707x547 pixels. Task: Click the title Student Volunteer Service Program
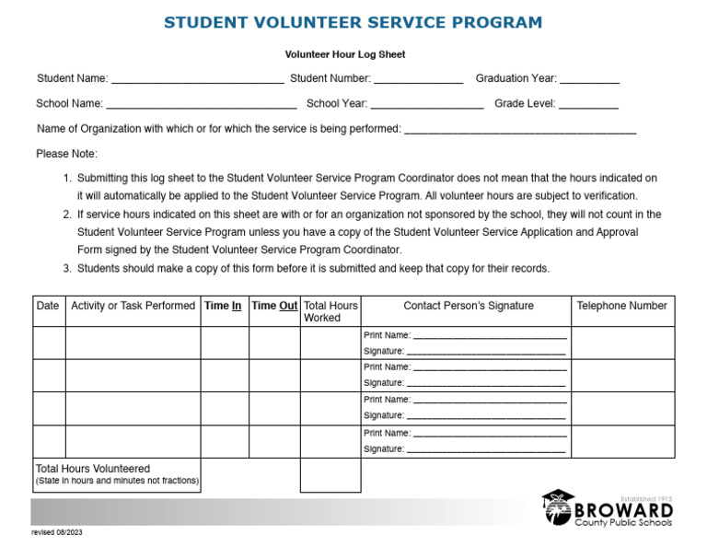(x=353, y=22)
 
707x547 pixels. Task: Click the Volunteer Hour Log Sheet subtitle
(x=345, y=54)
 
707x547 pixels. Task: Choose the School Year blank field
(x=427, y=105)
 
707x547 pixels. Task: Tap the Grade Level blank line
(x=588, y=105)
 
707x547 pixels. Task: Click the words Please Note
(x=66, y=154)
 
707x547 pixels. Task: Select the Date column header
(x=48, y=306)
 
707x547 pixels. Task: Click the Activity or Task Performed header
(x=133, y=306)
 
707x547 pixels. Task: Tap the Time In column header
(x=224, y=306)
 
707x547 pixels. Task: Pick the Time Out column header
(x=274, y=306)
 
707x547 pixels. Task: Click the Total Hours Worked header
(x=330, y=311)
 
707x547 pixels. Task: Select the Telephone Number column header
(x=621, y=306)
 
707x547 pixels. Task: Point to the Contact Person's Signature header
(x=468, y=306)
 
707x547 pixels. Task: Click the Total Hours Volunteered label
(x=93, y=469)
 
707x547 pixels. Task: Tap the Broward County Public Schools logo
(x=608, y=509)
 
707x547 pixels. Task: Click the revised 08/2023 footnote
(x=57, y=532)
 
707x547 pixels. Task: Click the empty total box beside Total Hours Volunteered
(x=330, y=475)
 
